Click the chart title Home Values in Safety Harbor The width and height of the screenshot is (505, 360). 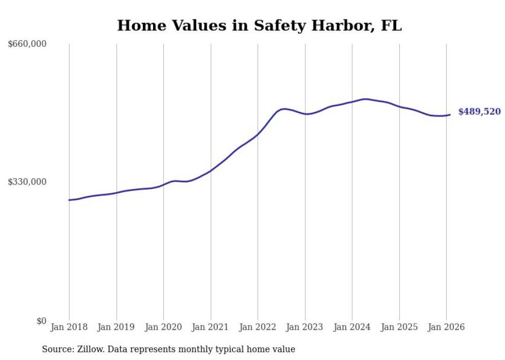259,25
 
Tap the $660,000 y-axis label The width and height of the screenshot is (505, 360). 27,44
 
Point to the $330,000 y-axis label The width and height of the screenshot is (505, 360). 27,182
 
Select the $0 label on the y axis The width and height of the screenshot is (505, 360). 41,321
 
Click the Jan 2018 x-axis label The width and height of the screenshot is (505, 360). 69,327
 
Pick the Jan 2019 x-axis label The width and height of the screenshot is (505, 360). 116,327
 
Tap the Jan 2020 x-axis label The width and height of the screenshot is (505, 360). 163,327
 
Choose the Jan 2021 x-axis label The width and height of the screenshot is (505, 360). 211,327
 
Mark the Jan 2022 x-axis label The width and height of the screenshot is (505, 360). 258,327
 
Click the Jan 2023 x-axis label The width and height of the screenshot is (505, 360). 305,327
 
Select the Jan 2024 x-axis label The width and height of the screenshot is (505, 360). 352,327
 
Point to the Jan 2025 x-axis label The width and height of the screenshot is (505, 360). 399,327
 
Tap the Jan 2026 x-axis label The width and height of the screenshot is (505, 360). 446,327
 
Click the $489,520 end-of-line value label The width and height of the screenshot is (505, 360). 479,112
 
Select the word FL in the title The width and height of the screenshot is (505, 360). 391,25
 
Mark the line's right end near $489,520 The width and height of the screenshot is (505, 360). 450,115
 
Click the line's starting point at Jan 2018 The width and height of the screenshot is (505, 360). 69,200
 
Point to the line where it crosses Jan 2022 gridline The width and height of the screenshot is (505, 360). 258,134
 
